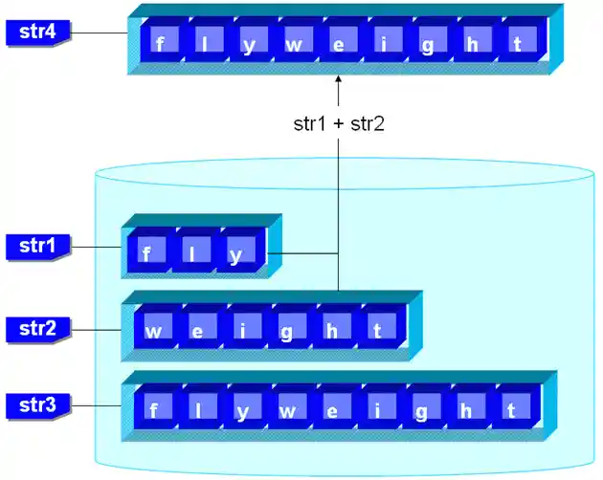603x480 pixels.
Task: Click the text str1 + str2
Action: point(338,123)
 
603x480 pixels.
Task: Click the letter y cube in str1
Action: point(236,253)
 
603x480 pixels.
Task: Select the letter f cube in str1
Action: point(149,253)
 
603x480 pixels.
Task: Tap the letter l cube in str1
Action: point(192,253)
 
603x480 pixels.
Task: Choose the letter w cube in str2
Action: point(154,331)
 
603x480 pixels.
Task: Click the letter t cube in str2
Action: point(379,331)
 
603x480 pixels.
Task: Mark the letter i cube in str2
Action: point(244,331)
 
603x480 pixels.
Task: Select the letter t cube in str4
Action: point(518,44)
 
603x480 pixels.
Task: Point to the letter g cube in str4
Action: point(428,44)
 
